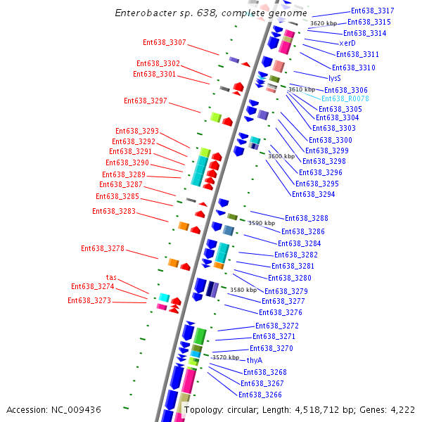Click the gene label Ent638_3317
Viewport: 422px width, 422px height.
(x=372, y=11)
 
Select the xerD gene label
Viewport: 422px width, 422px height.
(x=347, y=44)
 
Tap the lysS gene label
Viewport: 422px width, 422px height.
(x=334, y=78)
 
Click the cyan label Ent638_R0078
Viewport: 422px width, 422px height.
(x=345, y=99)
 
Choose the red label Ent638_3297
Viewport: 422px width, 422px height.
(x=146, y=101)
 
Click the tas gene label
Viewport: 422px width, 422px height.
(x=111, y=278)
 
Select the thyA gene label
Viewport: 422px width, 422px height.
(x=254, y=360)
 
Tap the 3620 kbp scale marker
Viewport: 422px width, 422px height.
(x=324, y=24)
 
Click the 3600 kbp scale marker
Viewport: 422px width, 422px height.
(x=281, y=156)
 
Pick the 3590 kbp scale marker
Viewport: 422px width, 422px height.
(x=262, y=223)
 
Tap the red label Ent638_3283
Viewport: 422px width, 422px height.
(x=114, y=212)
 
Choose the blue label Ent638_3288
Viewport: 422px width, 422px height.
(x=306, y=219)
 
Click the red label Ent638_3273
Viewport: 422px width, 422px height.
(x=89, y=301)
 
